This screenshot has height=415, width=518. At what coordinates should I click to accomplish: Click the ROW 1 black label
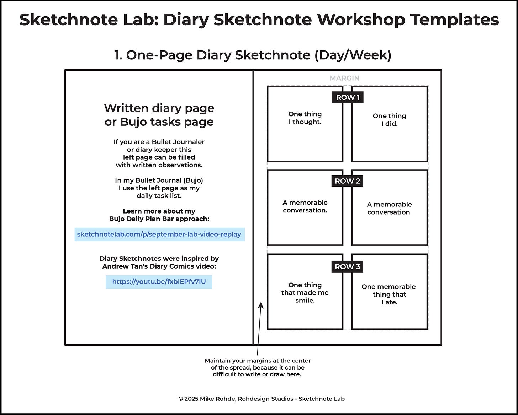(x=348, y=97)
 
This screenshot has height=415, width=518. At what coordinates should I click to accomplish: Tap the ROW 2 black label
(x=348, y=181)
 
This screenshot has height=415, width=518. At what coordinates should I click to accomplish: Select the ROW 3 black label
(x=348, y=266)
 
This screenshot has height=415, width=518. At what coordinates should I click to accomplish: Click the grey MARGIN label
(x=344, y=78)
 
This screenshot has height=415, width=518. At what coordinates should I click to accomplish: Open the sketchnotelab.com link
(x=159, y=234)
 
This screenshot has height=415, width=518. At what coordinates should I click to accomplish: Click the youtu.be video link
(x=159, y=282)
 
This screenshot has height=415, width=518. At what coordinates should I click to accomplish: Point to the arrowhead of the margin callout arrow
(x=261, y=305)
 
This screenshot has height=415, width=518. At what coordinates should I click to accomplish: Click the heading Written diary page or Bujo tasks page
(x=159, y=115)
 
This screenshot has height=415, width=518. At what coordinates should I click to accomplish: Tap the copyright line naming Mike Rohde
(x=261, y=399)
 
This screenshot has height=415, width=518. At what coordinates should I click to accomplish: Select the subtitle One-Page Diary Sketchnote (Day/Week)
(x=253, y=55)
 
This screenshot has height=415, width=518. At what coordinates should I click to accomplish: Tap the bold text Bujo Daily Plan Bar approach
(x=159, y=219)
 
